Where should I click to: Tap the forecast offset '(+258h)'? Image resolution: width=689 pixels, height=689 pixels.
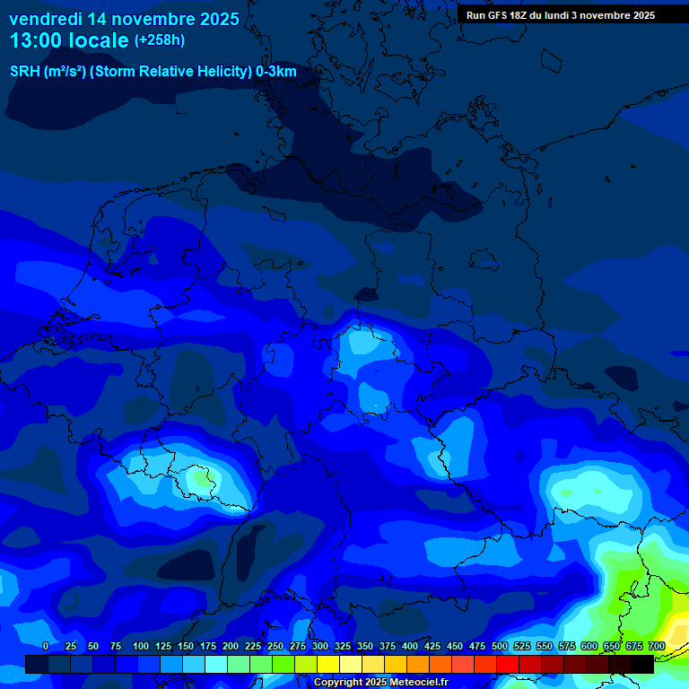(x=160, y=40)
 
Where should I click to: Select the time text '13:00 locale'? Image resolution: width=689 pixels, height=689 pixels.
(x=69, y=40)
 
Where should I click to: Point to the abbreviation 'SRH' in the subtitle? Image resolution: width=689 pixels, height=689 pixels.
(x=25, y=72)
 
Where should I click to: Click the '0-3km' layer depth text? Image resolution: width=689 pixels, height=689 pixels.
(x=276, y=72)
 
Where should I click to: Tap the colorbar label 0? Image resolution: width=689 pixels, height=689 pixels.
(x=46, y=646)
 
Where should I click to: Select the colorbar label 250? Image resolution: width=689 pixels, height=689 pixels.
(x=275, y=646)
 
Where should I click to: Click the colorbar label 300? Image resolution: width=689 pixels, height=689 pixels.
(x=320, y=646)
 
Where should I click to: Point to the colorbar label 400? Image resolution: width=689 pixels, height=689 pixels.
(x=410, y=646)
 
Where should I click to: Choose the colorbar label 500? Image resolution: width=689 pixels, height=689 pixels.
(x=500, y=646)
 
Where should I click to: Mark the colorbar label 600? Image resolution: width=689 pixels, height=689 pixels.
(x=589, y=646)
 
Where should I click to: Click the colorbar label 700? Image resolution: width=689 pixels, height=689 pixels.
(x=657, y=646)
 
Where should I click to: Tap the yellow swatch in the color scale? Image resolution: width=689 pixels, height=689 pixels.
(x=328, y=663)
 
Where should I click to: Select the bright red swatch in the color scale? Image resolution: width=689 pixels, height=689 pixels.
(x=485, y=663)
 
